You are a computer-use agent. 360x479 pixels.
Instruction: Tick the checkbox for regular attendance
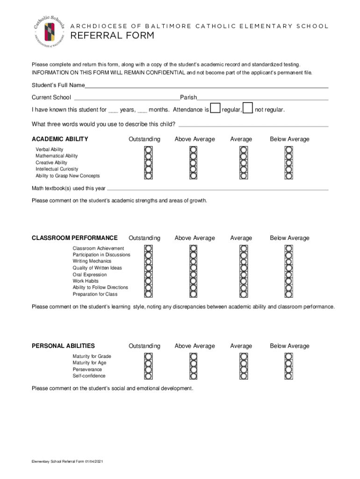(x=215, y=109)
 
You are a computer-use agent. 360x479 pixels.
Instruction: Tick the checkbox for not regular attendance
(x=248, y=109)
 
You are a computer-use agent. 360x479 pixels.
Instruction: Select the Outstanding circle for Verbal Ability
(x=148, y=149)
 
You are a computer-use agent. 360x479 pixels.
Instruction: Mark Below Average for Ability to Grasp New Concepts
(x=288, y=176)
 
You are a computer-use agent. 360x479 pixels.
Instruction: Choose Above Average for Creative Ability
(x=194, y=163)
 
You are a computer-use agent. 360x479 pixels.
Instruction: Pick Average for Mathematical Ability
(x=243, y=156)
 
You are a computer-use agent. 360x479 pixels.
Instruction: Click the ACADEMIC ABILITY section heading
(x=60, y=139)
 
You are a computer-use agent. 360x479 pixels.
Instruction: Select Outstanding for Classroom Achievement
(x=148, y=248)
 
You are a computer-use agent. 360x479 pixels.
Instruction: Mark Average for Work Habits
(x=243, y=281)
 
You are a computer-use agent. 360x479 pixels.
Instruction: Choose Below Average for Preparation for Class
(x=288, y=294)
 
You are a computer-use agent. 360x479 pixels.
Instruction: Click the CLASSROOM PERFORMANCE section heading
(x=74, y=238)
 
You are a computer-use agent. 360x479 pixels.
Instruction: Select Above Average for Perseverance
(x=194, y=370)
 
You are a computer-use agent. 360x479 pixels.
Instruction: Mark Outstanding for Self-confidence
(x=148, y=376)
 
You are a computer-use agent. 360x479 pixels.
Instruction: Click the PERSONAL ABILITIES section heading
(x=63, y=346)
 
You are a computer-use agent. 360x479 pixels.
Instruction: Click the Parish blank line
(x=262, y=98)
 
